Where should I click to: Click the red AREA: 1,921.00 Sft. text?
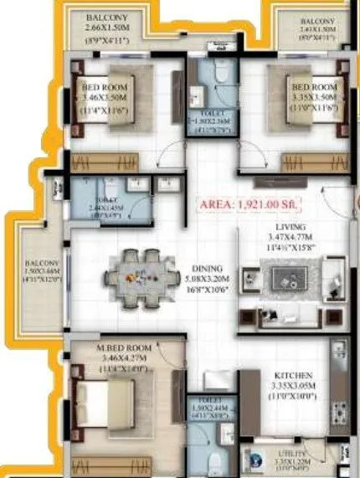click(x=249, y=204)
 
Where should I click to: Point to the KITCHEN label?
click(x=293, y=376)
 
